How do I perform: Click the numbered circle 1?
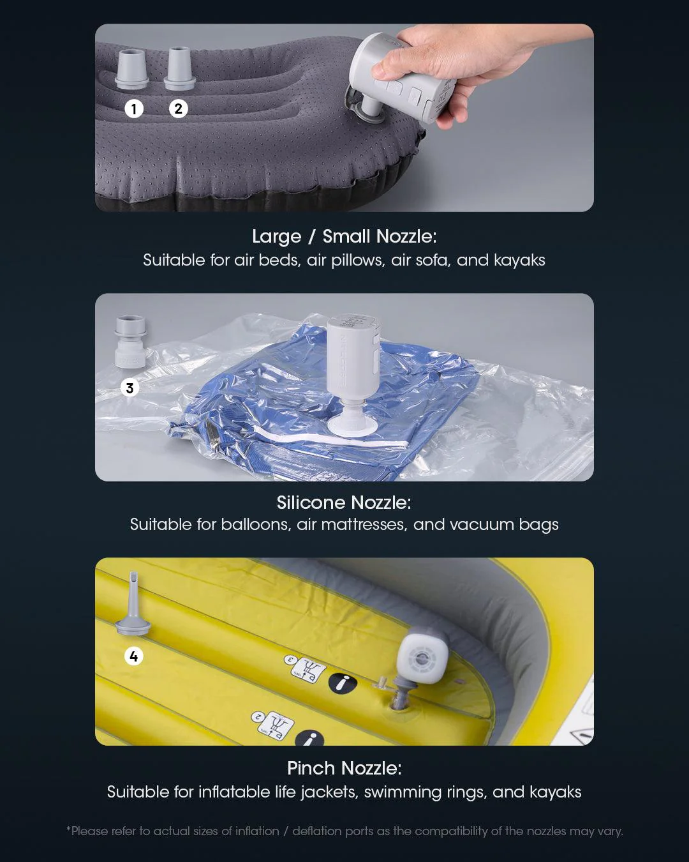(134, 109)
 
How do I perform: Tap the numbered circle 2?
(178, 109)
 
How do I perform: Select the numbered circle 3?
(130, 388)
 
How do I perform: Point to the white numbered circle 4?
(134, 656)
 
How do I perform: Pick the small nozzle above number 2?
(179, 68)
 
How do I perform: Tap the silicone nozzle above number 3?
(130, 341)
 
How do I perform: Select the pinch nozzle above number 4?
(133, 603)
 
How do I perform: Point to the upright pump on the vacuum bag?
(352, 375)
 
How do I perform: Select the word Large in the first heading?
(277, 236)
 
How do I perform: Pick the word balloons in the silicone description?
(256, 524)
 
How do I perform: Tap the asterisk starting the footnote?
(68, 828)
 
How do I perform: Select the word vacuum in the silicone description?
(482, 524)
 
